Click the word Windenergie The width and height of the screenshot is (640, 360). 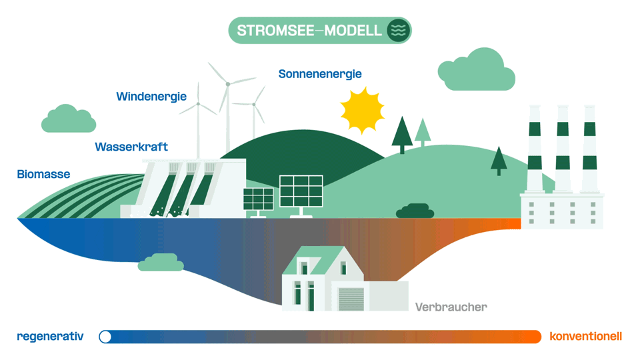(x=151, y=97)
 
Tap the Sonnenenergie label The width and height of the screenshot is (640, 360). (x=320, y=74)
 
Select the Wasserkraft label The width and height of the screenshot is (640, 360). (x=131, y=147)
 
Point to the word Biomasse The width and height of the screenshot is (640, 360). (x=44, y=174)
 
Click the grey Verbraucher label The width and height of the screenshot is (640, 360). (x=451, y=307)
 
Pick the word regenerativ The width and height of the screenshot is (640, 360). (x=50, y=336)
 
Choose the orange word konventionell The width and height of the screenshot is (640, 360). (x=586, y=336)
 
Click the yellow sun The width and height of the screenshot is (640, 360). (x=362, y=110)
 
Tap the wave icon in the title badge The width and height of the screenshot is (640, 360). (x=399, y=30)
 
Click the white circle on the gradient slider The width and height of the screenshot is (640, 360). (x=105, y=337)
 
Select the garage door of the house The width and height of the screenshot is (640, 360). (x=351, y=299)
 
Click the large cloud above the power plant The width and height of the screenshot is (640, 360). (x=476, y=69)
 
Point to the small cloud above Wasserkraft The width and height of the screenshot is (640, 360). (x=69, y=119)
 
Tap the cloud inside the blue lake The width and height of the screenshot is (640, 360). (x=161, y=263)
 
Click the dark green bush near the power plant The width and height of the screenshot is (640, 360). (x=415, y=211)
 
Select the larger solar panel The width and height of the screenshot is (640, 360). (x=301, y=191)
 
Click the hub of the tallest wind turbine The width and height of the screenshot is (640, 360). (x=228, y=84)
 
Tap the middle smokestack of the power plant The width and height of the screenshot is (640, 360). (x=563, y=149)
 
